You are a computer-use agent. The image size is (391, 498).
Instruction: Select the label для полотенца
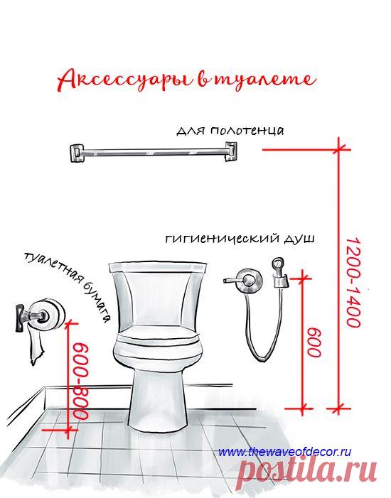tap(230, 131)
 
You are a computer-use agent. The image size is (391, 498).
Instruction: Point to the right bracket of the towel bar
tap(230, 151)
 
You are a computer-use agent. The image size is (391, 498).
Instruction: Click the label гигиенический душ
tap(240, 239)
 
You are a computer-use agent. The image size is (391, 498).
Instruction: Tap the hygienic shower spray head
tap(279, 273)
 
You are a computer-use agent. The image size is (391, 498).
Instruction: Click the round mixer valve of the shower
tap(250, 281)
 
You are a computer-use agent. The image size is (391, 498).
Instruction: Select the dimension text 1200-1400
tap(353, 283)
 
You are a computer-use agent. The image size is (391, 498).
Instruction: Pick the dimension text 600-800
tap(80, 381)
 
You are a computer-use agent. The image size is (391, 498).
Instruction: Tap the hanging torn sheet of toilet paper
tap(36, 346)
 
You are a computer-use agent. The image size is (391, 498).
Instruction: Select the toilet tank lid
tap(158, 267)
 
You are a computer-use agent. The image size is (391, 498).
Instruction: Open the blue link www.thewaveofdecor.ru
tap(285, 452)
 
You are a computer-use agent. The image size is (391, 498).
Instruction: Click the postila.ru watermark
tap(308, 474)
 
